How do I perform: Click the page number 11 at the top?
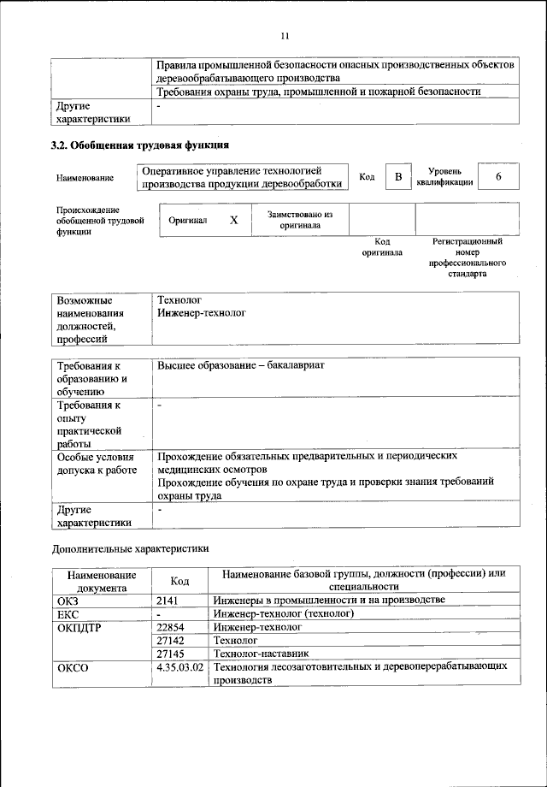[x=285, y=35]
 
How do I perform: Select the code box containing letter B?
[x=397, y=177]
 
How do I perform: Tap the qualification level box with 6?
[x=498, y=177]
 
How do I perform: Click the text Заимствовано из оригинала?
[x=299, y=220]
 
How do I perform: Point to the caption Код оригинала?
[x=382, y=247]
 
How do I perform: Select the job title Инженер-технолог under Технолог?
[x=202, y=314]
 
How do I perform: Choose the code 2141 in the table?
[x=168, y=601]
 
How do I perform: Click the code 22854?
[x=171, y=627]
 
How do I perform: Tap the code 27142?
[x=171, y=640]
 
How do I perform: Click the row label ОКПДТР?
[x=79, y=627]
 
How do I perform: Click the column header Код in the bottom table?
[x=179, y=581]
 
